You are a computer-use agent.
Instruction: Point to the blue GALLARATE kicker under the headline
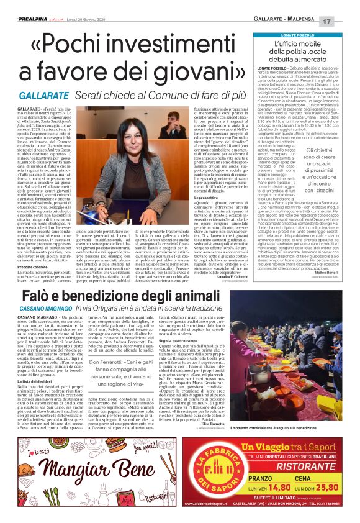coord(44,97)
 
